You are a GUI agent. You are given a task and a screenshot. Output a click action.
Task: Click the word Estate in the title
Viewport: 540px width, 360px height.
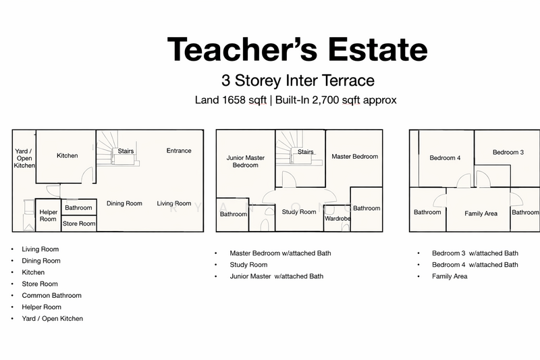pyautogui.click(x=378, y=49)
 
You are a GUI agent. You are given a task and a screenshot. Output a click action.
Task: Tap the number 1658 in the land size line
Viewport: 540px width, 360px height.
pyautogui.click(x=234, y=100)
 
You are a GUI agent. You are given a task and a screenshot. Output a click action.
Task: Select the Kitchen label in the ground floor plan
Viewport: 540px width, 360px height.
pyautogui.click(x=67, y=156)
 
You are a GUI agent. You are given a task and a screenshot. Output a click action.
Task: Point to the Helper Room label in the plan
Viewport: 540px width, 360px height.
pyautogui.click(x=48, y=215)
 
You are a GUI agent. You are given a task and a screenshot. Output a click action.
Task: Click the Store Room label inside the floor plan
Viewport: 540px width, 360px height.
pyautogui.click(x=79, y=224)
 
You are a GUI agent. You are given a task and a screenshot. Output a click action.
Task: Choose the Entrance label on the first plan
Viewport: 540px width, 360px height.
pyautogui.click(x=179, y=151)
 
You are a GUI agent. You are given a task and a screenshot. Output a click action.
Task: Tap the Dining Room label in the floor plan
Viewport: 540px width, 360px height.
pyautogui.click(x=124, y=203)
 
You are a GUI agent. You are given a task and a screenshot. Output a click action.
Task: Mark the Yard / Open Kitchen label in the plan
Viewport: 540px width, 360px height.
pyautogui.click(x=24, y=159)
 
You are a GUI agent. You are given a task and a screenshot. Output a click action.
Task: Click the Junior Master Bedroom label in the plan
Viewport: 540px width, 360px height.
pyautogui.click(x=246, y=161)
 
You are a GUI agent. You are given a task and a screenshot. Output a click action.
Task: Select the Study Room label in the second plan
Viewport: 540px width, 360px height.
pyautogui.click(x=299, y=212)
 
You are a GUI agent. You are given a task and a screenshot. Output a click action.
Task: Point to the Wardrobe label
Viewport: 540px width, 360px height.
pyautogui.click(x=337, y=219)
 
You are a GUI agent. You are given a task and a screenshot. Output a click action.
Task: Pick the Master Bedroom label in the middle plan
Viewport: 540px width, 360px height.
pyautogui.click(x=355, y=157)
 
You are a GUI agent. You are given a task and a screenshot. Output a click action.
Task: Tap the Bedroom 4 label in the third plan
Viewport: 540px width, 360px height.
pyautogui.click(x=445, y=158)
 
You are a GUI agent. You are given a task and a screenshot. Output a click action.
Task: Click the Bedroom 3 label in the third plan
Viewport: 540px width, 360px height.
pyautogui.click(x=508, y=152)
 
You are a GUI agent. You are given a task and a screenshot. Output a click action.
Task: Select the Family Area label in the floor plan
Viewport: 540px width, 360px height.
pyautogui.click(x=481, y=213)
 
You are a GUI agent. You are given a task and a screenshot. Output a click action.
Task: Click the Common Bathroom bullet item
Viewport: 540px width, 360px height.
pyautogui.click(x=52, y=296)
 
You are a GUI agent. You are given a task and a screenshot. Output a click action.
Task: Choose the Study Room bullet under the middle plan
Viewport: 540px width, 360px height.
pyautogui.click(x=248, y=265)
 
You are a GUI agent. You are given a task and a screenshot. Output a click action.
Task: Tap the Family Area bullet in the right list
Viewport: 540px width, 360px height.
pyautogui.click(x=450, y=276)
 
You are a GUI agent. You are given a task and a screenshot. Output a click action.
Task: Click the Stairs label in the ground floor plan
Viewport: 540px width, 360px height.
pyautogui.click(x=126, y=151)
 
